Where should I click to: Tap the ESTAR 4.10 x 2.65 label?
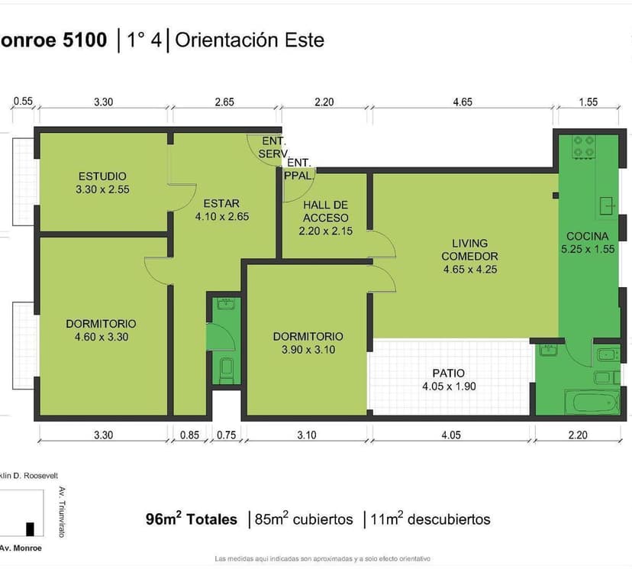coord(221,210)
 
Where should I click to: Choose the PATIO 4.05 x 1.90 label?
coord(449,380)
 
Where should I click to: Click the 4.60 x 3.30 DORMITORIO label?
coord(102,330)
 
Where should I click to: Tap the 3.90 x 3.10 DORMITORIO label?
coord(308,343)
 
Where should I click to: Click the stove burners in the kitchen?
coord(584,147)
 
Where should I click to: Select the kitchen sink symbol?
coord(607,205)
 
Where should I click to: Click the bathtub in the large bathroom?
coord(592,402)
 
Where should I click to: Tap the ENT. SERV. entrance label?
coord(273,147)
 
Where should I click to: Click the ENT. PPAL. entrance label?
coord(298,169)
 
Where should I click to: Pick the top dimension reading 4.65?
coord(463,102)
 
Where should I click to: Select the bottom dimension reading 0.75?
coord(227,435)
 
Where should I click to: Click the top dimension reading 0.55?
coord(23,101)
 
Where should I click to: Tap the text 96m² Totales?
coord(192,519)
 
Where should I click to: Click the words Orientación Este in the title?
coord(250,40)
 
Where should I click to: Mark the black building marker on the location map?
coord(31,529)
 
